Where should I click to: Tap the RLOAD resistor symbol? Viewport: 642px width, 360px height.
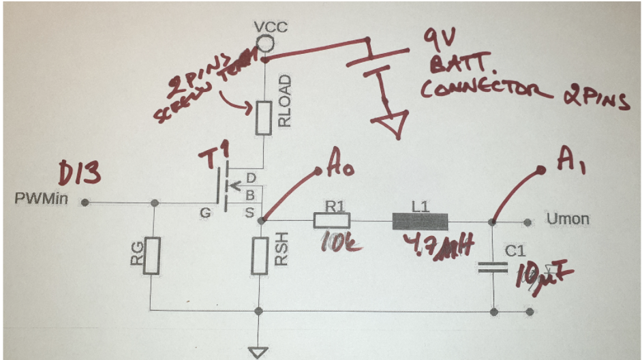[x=263, y=119]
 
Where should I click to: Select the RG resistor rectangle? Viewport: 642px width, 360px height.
[x=153, y=256]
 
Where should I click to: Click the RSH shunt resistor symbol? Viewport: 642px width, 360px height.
[x=258, y=256]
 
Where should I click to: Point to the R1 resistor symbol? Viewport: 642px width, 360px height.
[x=331, y=220]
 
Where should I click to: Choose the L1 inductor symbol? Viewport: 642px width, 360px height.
[x=420, y=221]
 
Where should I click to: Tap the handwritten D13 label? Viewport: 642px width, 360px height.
[x=82, y=175]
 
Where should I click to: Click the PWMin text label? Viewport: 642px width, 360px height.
[x=43, y=200]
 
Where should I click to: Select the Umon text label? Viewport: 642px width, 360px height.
[x=568, y=220]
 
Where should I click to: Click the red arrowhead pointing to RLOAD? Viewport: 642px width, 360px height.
[x=247, y=106]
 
